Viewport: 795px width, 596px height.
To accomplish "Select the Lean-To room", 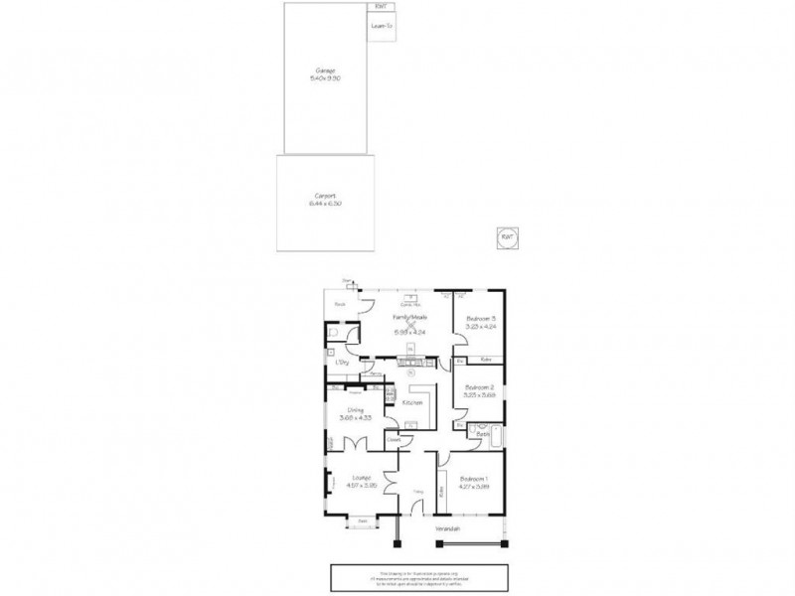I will [384, 27].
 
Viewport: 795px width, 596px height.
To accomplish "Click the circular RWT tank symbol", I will [507, 237].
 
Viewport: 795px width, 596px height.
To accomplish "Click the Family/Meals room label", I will [409, 317].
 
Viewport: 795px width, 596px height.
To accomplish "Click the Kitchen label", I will [412, 403].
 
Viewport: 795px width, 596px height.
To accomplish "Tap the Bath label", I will [480, 435].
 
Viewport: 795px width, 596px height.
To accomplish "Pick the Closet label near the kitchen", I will [393, 438].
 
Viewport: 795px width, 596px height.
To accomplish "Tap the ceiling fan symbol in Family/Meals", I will [410, 324].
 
